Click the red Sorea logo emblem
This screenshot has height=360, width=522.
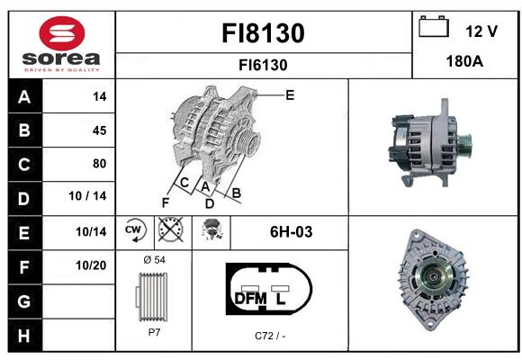(62, 33)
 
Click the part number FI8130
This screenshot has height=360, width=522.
(263, 33)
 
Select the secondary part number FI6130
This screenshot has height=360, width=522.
(263, 65)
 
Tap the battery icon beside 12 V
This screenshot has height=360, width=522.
(434, 26)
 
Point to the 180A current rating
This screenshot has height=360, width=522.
(464, 61)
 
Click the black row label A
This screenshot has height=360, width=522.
(24, 97)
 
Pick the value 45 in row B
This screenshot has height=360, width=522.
(100, 130)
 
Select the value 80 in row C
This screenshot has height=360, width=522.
(100, 164)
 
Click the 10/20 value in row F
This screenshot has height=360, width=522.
(91, 265)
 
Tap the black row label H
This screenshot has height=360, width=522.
(24, 336)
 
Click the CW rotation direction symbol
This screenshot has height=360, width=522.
(134, 229)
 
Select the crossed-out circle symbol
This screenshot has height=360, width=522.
(170, 229)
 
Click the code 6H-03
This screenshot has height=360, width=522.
(292, 232)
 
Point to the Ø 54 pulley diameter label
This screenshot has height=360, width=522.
(154, 260)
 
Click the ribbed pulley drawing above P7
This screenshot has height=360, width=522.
(152, 296)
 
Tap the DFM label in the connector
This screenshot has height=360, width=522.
(251, 299)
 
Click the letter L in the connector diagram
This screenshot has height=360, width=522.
(281, 299)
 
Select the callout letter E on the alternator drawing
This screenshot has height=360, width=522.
(290, 95)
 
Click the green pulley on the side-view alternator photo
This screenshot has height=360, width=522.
(464, 145)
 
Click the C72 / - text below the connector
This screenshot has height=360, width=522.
(270, 336)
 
